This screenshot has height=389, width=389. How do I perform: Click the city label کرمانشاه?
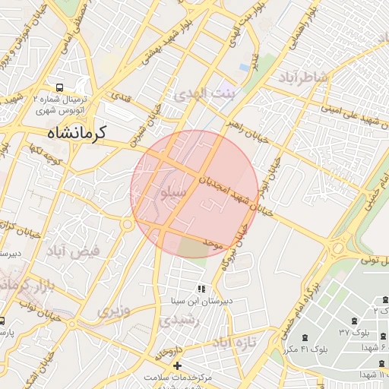click(71, 132)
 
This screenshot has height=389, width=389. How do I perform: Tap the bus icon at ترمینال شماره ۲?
click(60, 87)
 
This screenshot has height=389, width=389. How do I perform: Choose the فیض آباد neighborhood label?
click(73, 251)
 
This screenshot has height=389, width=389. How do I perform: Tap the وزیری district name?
click(114, 310)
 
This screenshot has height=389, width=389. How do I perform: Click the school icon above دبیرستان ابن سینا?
click(201, 289)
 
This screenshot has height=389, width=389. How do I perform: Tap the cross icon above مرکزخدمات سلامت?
click(178, 365)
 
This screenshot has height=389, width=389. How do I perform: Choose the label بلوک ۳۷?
click(354, 334)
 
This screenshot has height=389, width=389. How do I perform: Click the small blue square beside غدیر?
click(243, 67)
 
